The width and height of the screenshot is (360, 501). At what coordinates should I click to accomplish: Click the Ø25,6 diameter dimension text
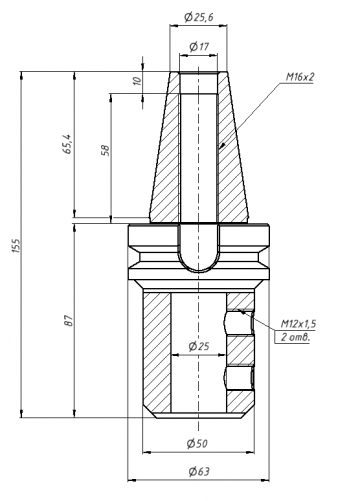click(x=199, y=17)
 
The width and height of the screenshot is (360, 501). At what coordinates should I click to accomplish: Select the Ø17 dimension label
click(x=199, y=46)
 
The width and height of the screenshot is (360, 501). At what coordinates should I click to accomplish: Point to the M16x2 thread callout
click(x=300, y=77)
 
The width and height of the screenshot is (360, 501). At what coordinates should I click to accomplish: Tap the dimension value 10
click(x=137, y=81)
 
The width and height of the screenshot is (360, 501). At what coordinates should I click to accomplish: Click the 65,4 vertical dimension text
click(x=67, y=144)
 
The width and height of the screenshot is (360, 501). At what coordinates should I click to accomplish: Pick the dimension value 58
click(x=105, y=150)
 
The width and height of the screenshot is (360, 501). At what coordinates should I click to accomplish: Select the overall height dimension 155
click(x=17, y=245)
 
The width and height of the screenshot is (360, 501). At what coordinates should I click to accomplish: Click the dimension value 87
click(x=68, y=320)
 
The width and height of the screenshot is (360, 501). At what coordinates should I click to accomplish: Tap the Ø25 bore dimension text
click(x=199, y=346)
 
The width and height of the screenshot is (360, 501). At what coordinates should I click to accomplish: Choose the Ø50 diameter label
click(x=197, y=443)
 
